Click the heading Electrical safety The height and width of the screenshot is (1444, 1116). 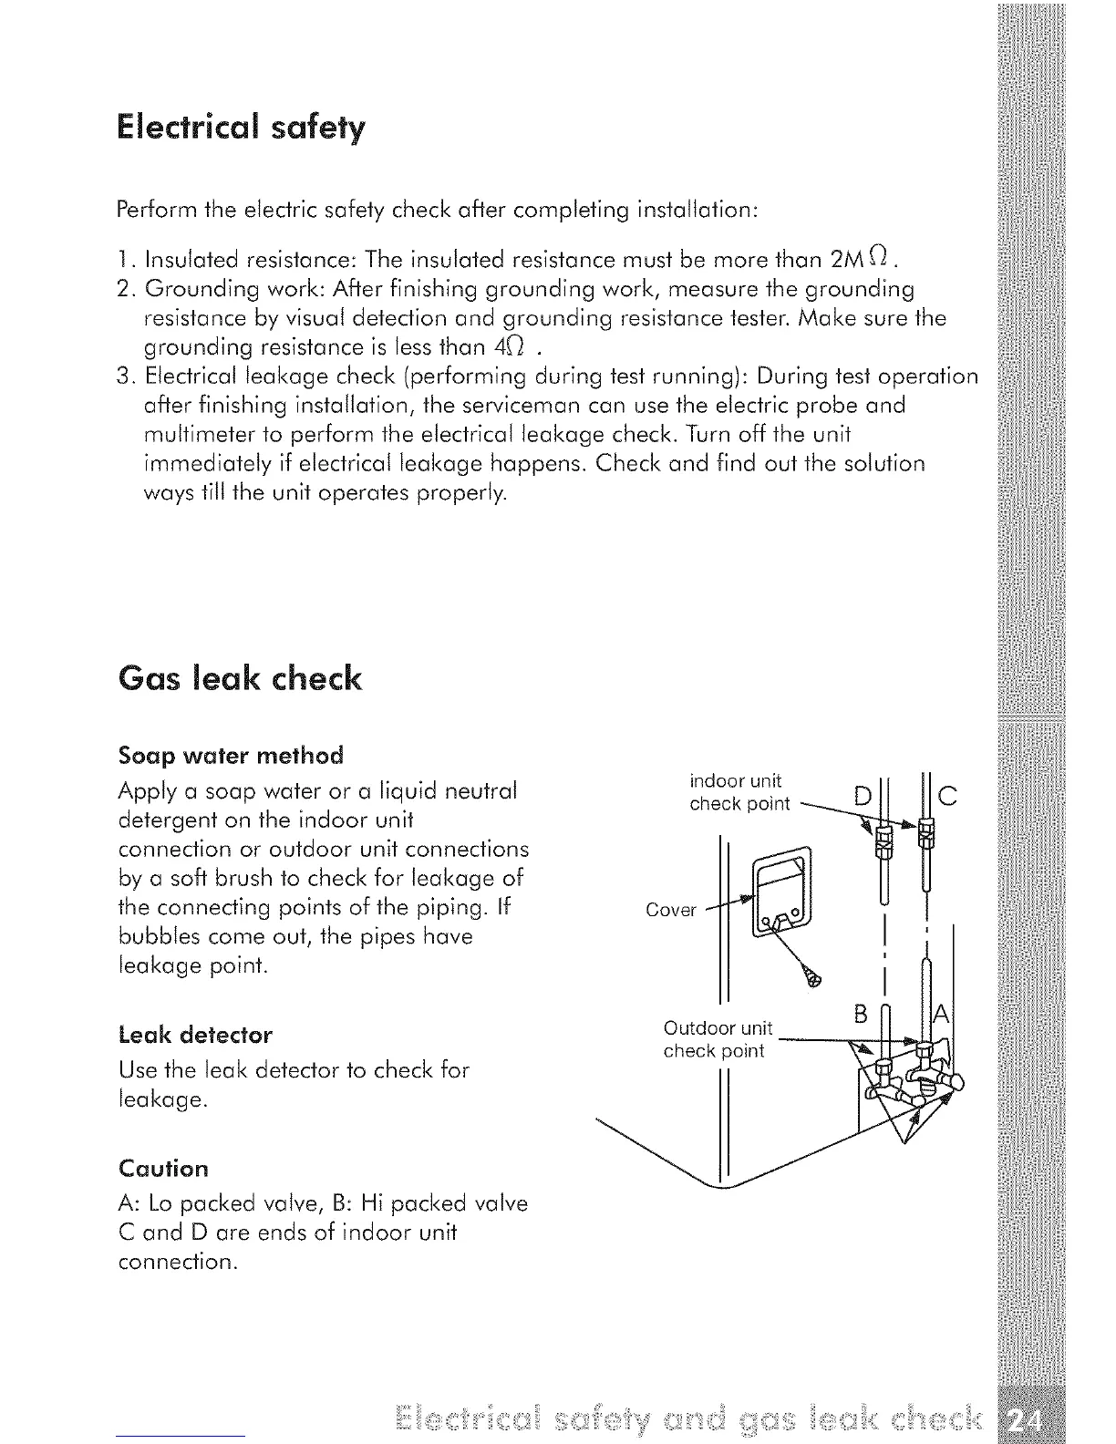(x=241, y=128)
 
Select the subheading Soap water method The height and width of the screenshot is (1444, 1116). (x=232, y=756)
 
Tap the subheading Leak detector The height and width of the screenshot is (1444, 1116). (x=196, y=1035)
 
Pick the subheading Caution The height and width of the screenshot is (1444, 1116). (x=164, y=1169)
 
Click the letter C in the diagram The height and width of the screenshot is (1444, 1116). (x=947, y=796)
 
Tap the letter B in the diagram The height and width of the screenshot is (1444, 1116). (x=860, y=1014)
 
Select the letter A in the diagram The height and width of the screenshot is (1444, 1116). (x=942, y=1015)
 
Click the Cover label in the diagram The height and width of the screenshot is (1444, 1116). (x=670, y=910)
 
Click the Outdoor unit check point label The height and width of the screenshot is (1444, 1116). (x=717, y=1039)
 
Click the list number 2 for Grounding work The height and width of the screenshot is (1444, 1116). (x=127, y=290)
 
